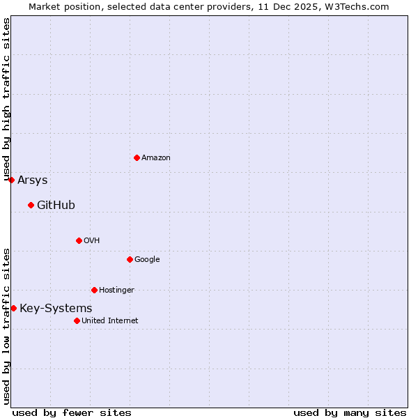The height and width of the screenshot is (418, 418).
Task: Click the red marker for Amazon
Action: coord(137,157)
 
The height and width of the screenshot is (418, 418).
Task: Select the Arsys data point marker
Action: coord(11,180)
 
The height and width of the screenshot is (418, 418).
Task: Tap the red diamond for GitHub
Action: coord(31,205)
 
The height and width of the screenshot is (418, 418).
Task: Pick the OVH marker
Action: coord(79,240)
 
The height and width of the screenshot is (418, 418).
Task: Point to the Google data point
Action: coord(130,259)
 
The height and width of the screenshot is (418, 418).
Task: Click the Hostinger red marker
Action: coord(94,290)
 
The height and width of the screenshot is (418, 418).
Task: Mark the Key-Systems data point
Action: coord(13,308)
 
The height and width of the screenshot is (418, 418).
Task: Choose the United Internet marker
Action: coord(77,320)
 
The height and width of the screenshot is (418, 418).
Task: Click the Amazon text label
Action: coord(156,158)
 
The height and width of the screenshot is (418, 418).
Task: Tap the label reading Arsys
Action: coord(33,180)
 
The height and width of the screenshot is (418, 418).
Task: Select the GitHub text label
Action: coord(56,206)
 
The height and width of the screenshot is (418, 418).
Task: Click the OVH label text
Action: coord(92,241)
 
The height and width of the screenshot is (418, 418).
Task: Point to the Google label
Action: coord(147,260)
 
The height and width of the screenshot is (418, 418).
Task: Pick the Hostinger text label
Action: coord(116,291)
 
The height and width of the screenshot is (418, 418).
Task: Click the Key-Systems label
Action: coord(56,309)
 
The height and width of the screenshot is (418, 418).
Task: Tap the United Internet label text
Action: coord(110,321)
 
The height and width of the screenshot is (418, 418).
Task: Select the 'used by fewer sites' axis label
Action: coord(72,412)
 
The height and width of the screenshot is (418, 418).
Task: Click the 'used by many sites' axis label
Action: coord(350,412)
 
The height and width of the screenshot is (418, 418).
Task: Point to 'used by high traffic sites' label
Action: coord(7,100)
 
